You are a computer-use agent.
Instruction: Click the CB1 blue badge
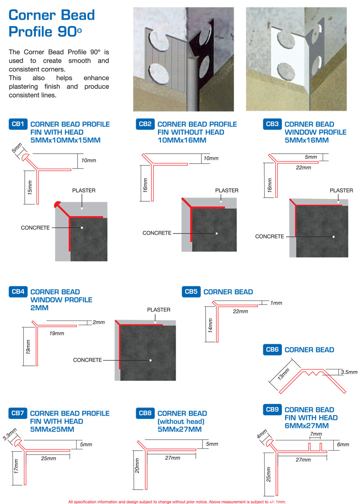[x=18, y=124]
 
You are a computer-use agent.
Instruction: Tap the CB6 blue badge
[x=272, y=349]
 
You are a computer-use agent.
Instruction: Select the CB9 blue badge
[x=272, y=410]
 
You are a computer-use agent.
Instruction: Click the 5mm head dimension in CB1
[x=17, y=148]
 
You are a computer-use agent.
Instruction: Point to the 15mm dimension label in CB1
[x=30, y=187]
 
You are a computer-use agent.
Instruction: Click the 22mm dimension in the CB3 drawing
[x=303, y=168]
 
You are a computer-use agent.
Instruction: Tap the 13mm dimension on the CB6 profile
[x=283, y=374]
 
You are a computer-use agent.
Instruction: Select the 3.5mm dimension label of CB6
[x=349, y=372]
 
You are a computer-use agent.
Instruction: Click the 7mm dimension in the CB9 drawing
[x=316, y=434]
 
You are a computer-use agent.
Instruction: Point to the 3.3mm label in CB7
[x=10, y=434]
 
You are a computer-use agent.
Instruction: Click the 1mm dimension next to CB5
[x=276, y=303]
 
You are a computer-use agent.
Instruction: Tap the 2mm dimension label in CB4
[x=99, y=322]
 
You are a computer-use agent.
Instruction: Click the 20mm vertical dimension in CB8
[x=137, y=465]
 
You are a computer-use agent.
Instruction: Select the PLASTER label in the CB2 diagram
[x=227, y=191]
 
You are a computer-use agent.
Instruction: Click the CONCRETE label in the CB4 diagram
[x=87, y=360]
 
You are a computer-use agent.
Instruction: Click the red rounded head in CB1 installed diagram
[x=58, y=204]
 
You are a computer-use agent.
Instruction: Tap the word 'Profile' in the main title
[x=30, y=31]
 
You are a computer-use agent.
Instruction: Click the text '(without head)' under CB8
[x=181, y=421]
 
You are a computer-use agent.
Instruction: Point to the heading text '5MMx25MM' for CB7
[x=52, y=429]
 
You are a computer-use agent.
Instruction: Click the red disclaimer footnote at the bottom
[x=177, y=501]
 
